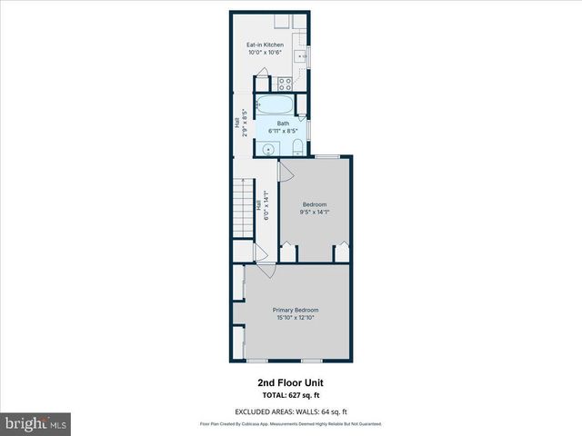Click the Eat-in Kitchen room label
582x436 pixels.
pyautogui.click(x=266, y=45)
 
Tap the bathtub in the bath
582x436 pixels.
pyautogui.click(x=273, y=104)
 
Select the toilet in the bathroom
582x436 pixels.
pyautogui.click(x=298, y=147)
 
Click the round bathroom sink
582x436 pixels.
pyautogui.click(x=270, y=147)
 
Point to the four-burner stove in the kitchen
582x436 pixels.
pyautogui.click(x=283, y=83)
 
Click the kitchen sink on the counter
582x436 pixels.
pyautogui.click(x=303, y=55)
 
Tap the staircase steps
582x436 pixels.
pyautogui.click(x=242, y=207)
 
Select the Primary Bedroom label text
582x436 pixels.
pyautogui.click(x=296, y=310)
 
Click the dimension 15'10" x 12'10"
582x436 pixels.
pyautogui.click(x=296, y=318)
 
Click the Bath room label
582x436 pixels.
pyautogui.click(x=283, y=124)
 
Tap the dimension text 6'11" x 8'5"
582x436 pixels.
pyautogui.click(x=283, y=131)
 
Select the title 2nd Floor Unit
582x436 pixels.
pyautogui.click(x=290, y=383)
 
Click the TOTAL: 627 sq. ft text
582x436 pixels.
pyautogui.click(x=290, y=395)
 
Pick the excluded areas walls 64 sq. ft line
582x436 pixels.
pyautogui.click(x=290, y=411)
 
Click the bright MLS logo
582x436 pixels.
pyautogui.click(x=35, y=423)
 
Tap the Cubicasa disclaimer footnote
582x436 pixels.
pyautogui.click(x=290, y=424)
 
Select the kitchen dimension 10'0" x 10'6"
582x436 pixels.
pyautogui.click(x=266, y=53)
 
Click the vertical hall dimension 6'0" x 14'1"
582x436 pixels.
pyautogui.click(x=266, y=210)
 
